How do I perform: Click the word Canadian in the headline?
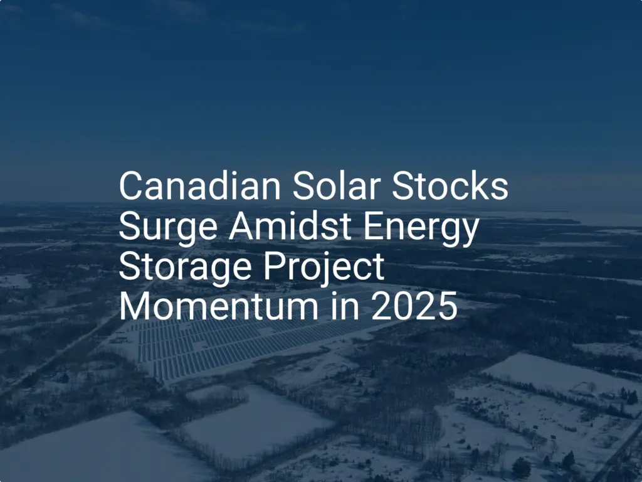pos(200,186)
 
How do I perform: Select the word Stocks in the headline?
pos(450,186)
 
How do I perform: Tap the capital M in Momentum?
pos(135,306)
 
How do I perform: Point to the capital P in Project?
pos(274,266)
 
